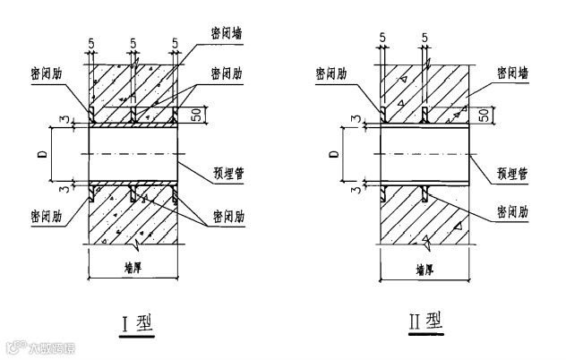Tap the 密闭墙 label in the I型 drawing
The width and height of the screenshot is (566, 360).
point(225,35)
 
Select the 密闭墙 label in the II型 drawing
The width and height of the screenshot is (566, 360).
point(511,75)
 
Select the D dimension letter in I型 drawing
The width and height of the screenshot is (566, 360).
point(43,154)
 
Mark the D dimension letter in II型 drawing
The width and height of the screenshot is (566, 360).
point(333,154)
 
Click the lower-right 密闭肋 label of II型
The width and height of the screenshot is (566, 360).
point(511,215)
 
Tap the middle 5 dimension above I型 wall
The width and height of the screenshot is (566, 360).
point(132,41)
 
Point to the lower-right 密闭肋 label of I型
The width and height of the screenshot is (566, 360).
point(228,217)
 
